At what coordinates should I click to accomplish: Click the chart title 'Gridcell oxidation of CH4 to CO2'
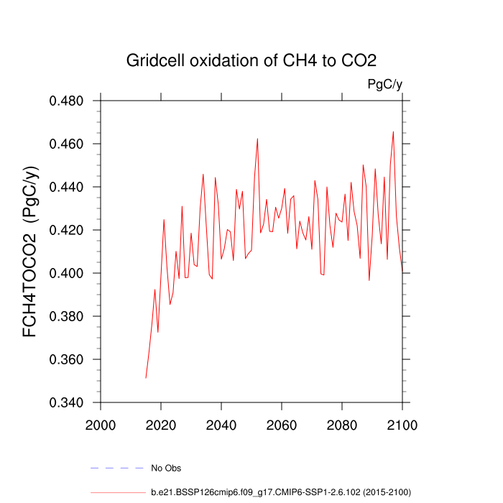251,60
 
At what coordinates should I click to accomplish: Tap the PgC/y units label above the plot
384,85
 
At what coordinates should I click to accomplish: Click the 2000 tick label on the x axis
101,424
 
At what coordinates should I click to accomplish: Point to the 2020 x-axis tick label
161,424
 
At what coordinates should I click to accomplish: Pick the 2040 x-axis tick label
221,424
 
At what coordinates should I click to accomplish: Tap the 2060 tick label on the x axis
282,424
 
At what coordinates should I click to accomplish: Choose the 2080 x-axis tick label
342,424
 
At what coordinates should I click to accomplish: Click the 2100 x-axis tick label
402,424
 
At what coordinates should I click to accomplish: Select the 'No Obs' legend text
166,469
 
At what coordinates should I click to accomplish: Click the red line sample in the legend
118,492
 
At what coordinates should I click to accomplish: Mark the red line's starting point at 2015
146,378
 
